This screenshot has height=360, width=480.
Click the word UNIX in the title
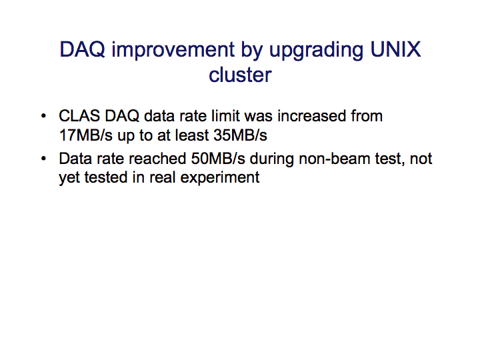(395, 49)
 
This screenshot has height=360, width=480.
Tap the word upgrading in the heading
(316, 51)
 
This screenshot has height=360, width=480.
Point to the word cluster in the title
(240, 75)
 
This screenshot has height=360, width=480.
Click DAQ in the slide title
(83, 49)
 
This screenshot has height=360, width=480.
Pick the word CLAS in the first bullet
(79, 116)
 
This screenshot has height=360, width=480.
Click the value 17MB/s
(86, 135)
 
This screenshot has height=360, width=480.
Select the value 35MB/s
(240, 135)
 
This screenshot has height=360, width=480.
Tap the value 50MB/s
(218, 159)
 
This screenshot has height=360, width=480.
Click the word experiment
(220, 178)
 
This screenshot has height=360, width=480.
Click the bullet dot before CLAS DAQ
(43, 116)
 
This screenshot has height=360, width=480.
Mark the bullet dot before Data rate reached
(43, 159)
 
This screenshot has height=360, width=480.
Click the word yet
(69, 178)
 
